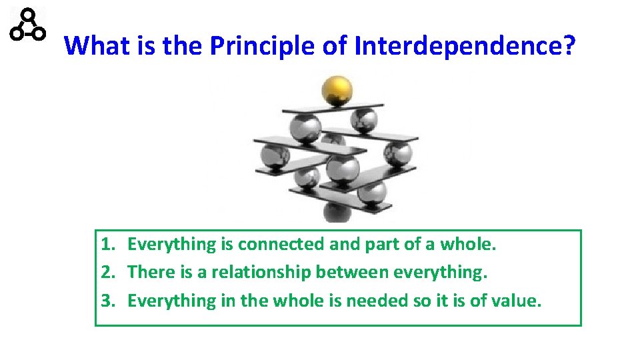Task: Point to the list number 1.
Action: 109,244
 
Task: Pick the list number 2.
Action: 109,272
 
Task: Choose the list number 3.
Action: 109,301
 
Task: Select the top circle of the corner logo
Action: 28,15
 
